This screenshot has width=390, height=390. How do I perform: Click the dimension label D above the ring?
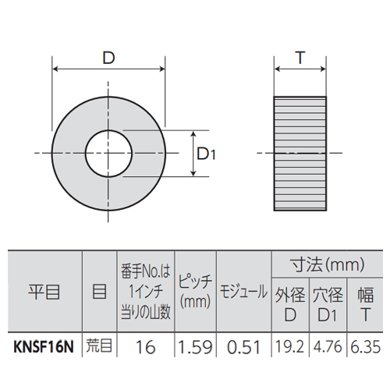coord(108,58)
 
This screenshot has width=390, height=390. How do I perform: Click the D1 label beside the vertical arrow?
coord(206,154)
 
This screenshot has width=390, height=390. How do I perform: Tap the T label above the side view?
coord(300,58)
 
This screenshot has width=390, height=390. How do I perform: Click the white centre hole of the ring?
coord(108,154)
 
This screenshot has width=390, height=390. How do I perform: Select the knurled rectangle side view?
coord(300,154)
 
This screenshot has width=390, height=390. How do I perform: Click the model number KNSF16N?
coord(44,347)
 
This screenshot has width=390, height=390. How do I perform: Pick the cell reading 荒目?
coord(99,346)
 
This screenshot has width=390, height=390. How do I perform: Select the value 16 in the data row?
coord(146,347)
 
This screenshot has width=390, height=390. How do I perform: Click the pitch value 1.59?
coord(195,347)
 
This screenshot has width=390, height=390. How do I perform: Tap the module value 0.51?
coord(243,347)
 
